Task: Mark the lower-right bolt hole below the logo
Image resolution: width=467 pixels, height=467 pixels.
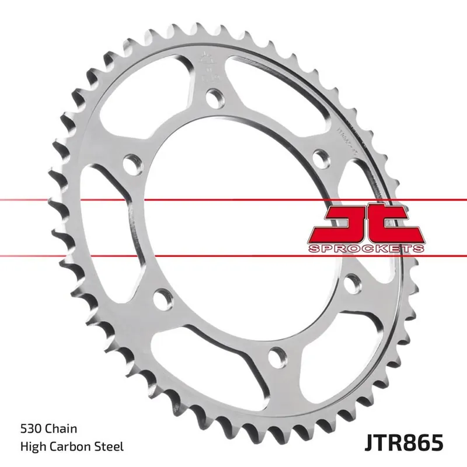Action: (351, 283)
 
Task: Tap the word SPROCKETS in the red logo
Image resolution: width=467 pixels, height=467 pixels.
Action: (365, 249)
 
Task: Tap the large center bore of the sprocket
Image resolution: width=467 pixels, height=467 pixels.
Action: (233, 228)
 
